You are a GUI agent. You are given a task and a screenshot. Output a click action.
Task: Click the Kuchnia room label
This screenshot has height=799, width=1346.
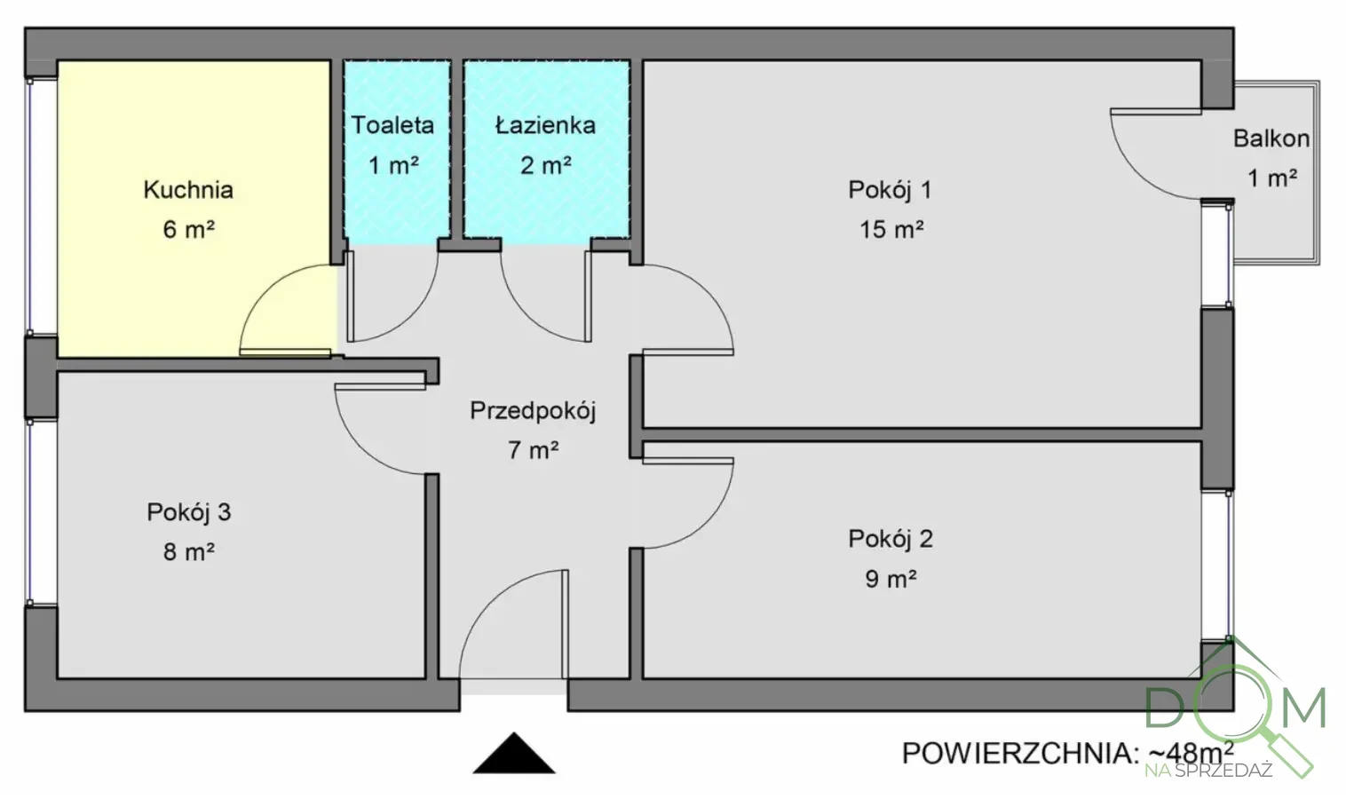(x=188, y=190)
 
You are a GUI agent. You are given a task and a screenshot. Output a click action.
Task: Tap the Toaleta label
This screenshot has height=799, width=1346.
(x=392, y=125)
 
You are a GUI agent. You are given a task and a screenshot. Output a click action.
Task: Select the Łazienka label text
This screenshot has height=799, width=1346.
(x=545, y=125)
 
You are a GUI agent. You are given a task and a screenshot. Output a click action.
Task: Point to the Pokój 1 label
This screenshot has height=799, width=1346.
(x=890, y=190)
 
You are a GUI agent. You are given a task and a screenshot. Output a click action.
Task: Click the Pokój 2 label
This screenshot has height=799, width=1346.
(x=891, y=539)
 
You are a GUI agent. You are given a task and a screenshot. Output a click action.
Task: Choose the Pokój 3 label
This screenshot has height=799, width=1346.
(x=188, y=512)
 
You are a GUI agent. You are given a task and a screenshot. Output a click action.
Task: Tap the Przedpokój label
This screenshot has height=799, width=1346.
(x=533, y=411)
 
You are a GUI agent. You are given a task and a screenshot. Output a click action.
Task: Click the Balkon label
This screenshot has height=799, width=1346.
(x=1271, y=138)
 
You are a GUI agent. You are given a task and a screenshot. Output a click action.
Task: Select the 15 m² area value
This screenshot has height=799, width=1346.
(x=891, y=230)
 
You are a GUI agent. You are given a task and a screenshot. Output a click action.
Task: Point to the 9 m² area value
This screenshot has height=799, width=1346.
(x=891, y=579)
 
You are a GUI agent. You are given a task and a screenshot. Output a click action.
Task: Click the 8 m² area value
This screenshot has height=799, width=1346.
(x=188, y=552)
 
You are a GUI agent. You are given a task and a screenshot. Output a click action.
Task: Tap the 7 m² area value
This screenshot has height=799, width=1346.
(x=533, y=451)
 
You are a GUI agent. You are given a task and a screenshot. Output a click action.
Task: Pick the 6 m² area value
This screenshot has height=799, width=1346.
(x=188, y=230)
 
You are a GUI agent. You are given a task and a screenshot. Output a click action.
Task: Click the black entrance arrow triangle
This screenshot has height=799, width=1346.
(x=514, y=755)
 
